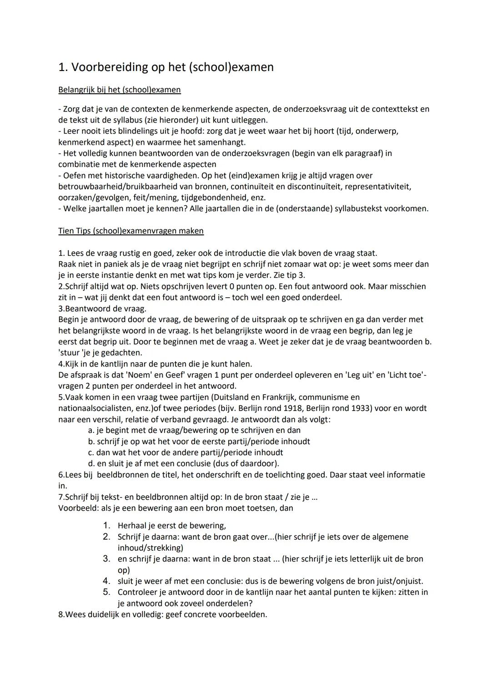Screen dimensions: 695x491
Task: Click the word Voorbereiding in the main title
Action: (x=110, y=67)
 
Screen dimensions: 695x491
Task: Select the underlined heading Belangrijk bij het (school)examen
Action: (x=120, y=90)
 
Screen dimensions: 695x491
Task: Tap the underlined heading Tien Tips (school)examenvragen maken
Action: (x=131, y=231)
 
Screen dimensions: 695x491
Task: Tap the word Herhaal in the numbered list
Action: (x=132, y=526)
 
